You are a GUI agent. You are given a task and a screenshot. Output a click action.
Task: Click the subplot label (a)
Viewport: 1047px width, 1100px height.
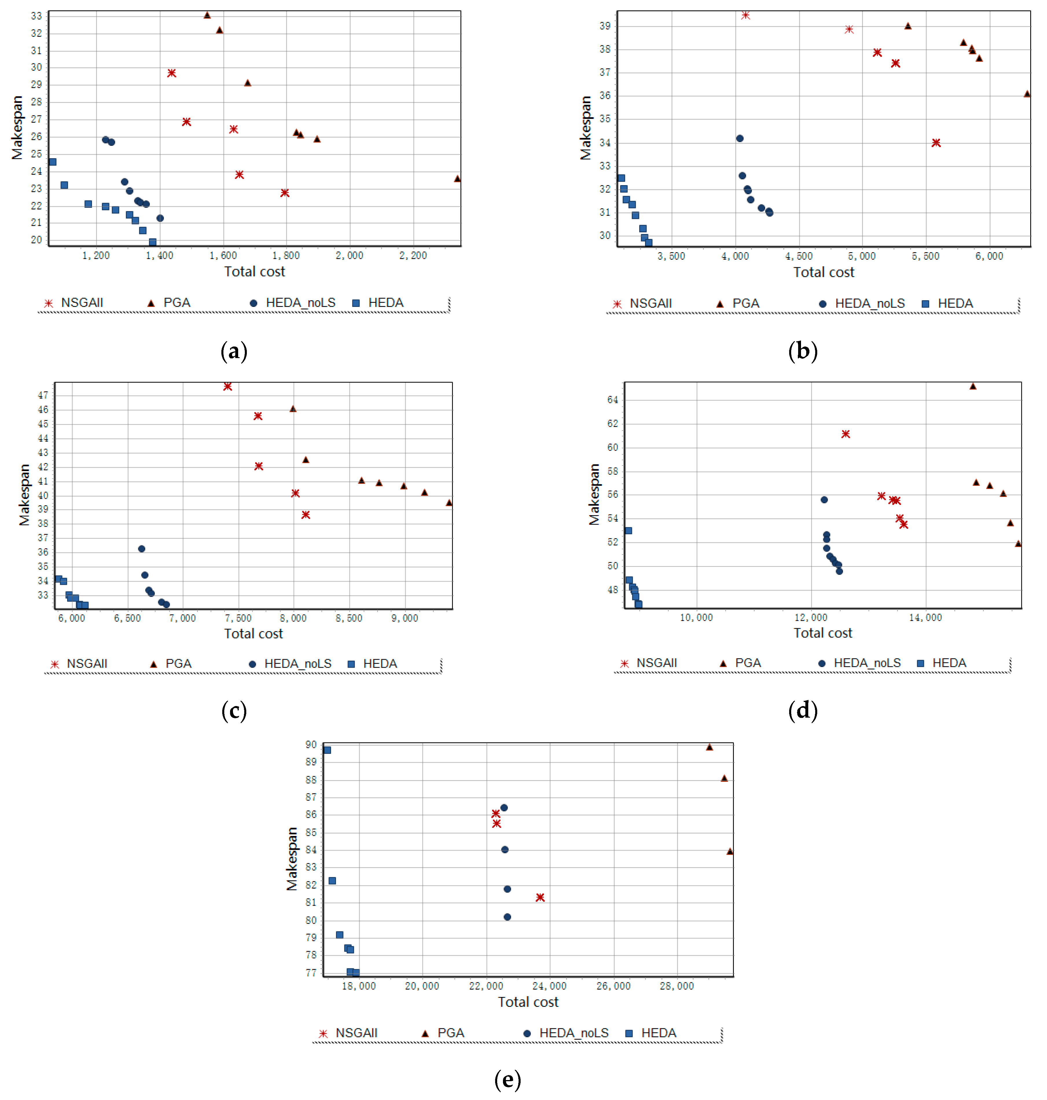click(234, 351)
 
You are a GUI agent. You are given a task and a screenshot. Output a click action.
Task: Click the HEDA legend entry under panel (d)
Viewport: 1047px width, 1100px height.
click(942, 663)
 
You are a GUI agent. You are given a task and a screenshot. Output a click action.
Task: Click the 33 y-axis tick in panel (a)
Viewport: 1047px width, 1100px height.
click(36, 16)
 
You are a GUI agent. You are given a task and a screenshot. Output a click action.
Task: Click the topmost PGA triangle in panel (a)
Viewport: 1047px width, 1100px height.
click(207, 15)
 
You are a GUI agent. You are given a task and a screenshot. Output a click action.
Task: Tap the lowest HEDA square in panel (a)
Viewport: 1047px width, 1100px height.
click(152, 242)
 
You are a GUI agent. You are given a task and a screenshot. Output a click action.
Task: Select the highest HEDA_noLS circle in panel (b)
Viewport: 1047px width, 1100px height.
click(739, 138)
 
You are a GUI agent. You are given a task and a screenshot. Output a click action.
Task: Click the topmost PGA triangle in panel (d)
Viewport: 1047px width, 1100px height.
click(973, 386)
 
